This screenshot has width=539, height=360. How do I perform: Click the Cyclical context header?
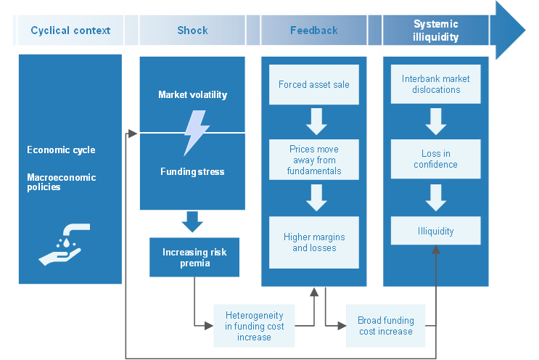pyautogui.click(x=70, y=30)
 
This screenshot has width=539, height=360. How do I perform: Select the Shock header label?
pyautogui.click(x=192, y=30)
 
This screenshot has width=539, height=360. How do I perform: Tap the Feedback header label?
pyautogui.click(x=313, y=30)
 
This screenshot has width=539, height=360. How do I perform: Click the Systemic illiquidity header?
pyautogui.click(x=435, y=30)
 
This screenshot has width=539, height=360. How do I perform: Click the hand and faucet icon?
pyautogui.click(x=65, y=244)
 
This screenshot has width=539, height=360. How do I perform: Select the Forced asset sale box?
pyautogui.click(x=313, y=85)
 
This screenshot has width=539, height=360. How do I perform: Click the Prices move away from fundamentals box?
pyautogui.click(x=313, y=160)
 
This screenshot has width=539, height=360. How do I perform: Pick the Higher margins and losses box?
pyautogui.click(x=313, y=242)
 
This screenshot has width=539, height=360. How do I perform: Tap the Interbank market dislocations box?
pyautogui.click(x=435, y=84)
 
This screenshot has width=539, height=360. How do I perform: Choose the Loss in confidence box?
pyautogui.click(x=435, y=159)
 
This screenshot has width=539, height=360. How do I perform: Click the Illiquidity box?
pyautogui.click(x=435, y=231)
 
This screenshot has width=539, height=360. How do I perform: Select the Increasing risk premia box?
pyautogui.click(x=194, y=258)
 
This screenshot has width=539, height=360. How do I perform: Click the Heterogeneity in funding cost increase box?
pyautogui.click(x=254, y=326)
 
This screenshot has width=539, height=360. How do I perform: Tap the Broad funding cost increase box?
pyautogui.click(x=385, y=326)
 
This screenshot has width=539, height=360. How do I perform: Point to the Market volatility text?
pyautogui.click(x=192, y=95)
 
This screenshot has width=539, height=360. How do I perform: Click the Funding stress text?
pyautogui.click(x=192, y=172)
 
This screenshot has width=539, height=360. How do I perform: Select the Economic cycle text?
pyautogui.click(x=61, y=150)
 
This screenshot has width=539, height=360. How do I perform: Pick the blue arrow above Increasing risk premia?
pyautogui.click(x=192, y=221)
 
